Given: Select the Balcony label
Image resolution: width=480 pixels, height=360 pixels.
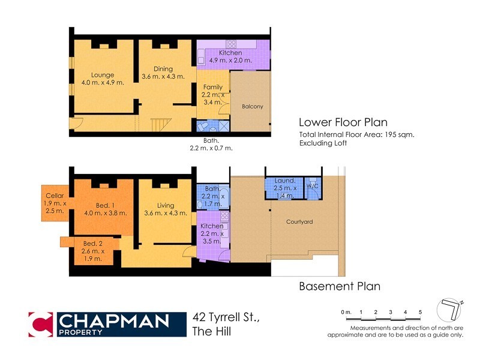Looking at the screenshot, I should point(252,107).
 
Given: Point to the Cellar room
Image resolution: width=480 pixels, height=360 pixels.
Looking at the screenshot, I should point(56,203).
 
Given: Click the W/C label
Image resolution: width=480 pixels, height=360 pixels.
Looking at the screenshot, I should point(313,186).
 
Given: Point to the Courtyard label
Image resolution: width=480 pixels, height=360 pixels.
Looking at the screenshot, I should point(298,222).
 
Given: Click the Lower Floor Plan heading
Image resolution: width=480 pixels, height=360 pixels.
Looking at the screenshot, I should point(344,122).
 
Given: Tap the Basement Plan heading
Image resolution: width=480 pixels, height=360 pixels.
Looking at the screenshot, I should point(340,286).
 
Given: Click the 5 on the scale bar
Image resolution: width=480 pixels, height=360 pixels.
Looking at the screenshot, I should point(421,313).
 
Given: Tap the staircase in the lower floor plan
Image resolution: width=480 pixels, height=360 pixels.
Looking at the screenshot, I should point(159,125).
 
